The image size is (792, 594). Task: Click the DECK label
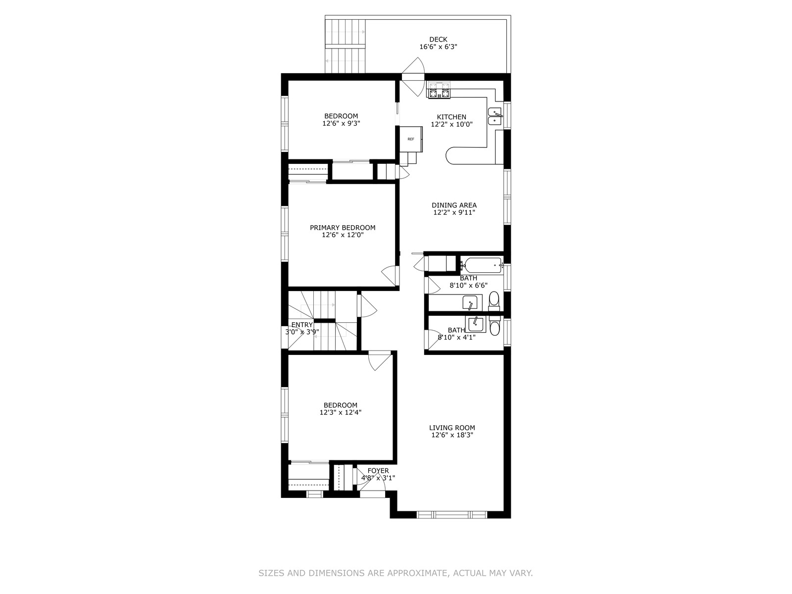(x=438, y=39)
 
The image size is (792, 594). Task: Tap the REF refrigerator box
(x=411, y=139)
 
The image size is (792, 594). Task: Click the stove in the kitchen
(x=439, y=90)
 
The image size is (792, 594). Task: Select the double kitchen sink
(x=495, y=116)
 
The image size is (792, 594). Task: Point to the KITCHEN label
(x=451, y=117)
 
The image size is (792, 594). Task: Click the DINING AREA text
(x=454, y=205)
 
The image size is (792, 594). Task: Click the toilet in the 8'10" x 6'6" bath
(x=494, y=301)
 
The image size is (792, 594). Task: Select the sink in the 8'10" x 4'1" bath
(x=476, y=324)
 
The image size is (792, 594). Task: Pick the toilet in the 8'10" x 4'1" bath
(x=495, y=325)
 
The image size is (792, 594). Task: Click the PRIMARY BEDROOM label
(x=343, y=228)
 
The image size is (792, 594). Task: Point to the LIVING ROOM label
(x=452, y=428)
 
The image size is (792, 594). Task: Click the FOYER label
(x=378, y=471)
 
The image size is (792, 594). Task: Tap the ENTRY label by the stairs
(x=302, y=325)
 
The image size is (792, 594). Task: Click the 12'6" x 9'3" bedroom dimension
(x=342, y=123)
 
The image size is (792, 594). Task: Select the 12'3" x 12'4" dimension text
(x=340, y=412)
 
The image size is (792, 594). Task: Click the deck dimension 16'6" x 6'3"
(x=438, y=47)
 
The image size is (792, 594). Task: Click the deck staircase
(x=346, y=46)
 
